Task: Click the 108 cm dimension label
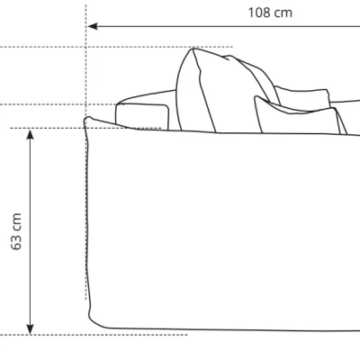click(x=270, y=13)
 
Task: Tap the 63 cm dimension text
click(x=16, y=231)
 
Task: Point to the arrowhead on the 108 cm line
click(x=93, y=26)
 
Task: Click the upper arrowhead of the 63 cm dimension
click(x=30, y=135)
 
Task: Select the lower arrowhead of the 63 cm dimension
click(x=30, y=329)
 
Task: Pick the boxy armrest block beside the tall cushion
click(x=142, y=115)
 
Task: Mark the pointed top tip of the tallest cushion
click(x=193, y=49)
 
